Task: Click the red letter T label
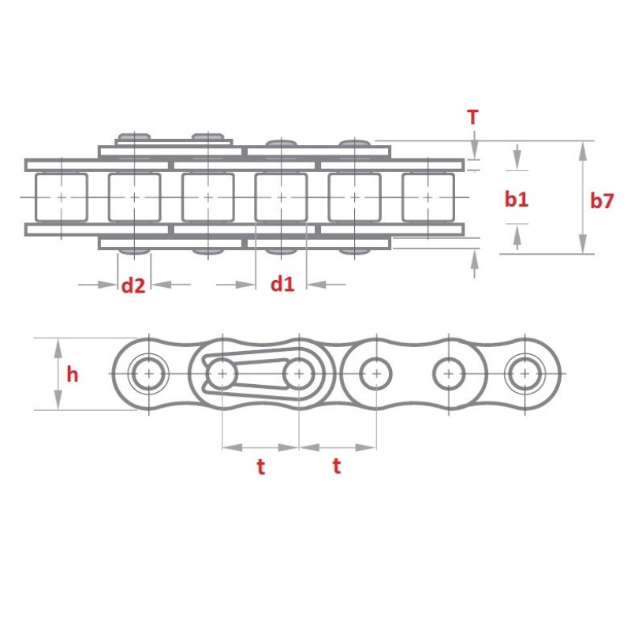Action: [472, 118]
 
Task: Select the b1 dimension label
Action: [517, 200]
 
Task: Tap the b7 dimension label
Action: [601, 200]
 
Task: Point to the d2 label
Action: [133, 285]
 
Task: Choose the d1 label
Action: [282, 284]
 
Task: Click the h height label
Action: [73, 375]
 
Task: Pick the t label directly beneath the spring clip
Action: [260, 467]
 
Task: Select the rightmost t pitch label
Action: [336, 466]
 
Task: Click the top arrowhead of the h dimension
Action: [58, 344]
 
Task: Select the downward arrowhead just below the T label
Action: [473, 151]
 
